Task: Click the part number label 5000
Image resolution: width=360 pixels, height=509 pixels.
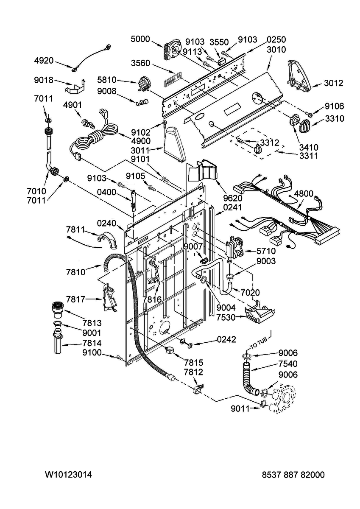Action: point(140,39)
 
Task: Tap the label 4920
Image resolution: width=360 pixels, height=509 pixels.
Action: point(44,61)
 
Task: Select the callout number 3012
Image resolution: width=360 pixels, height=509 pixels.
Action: point(333,83)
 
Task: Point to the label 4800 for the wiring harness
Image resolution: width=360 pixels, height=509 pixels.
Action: point(304,194)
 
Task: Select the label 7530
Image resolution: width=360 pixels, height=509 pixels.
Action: point(226,317)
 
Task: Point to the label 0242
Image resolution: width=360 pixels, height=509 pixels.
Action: point(226,339)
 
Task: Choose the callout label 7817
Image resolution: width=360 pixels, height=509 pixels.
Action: point(75,299)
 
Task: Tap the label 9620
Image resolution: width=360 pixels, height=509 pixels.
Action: point(233,198)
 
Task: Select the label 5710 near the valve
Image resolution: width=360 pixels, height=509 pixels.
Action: point(266,251)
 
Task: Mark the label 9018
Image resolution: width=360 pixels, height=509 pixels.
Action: point(44,80)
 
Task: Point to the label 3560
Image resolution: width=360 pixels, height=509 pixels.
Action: point(141,63)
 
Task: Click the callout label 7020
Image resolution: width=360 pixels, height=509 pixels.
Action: point(250,292)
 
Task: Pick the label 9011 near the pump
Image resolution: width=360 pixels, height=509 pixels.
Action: point(240,409)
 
